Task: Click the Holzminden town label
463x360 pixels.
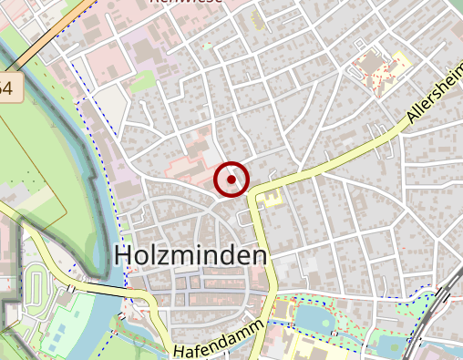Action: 191,256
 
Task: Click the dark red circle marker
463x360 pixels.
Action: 232,180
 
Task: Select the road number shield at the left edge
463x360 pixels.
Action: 7,88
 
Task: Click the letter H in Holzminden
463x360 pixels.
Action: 123,256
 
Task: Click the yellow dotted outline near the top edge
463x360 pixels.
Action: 259,20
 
